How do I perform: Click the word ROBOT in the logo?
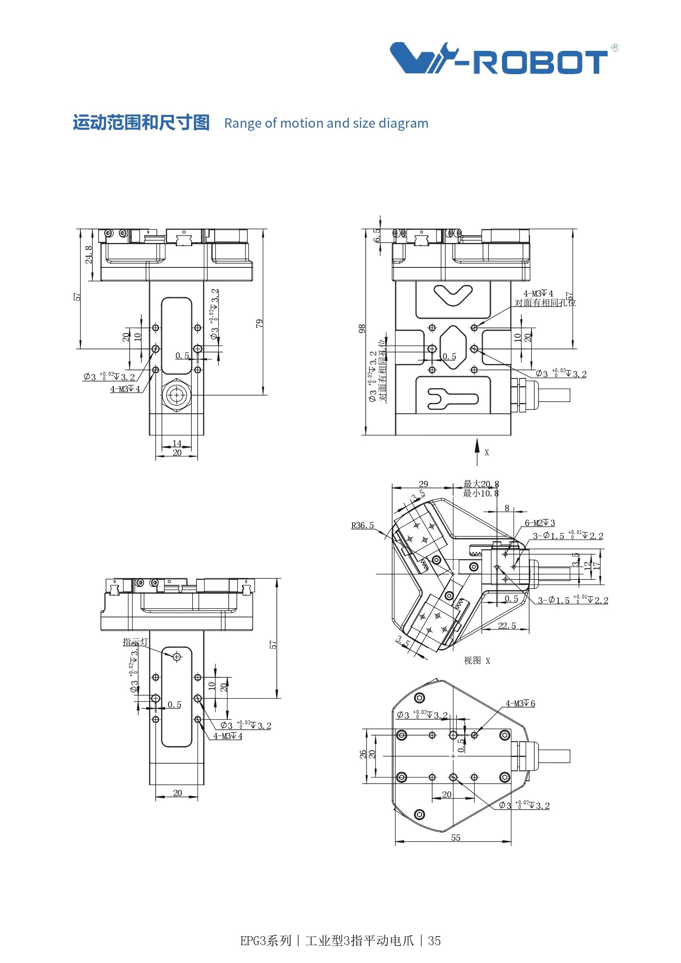[x=540, y=62]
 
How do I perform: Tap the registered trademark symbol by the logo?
[x=615, y=48]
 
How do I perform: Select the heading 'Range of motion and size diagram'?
[x=326, y=123]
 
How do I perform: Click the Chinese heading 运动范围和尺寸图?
[x=141, y=123]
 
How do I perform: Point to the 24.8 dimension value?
[x=89, y=255]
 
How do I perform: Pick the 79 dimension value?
[x=259, y=323]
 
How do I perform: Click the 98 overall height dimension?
[x=362, y=329]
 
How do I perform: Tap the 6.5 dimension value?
[x=377, y=235]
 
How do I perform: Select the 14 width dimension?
[x=177, y=443]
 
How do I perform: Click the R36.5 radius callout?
[x=362, y=525]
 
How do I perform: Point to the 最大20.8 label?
[x=481, y=484]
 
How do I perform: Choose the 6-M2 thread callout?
[x=540, y=523]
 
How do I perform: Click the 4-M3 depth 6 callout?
[x=520, y=703]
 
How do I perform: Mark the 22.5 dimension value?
[x=507, y=626]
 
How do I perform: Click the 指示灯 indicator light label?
[x=135, y=642]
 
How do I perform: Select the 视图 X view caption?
[x=477, y=661]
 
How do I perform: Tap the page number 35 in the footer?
[x=434, y=941]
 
